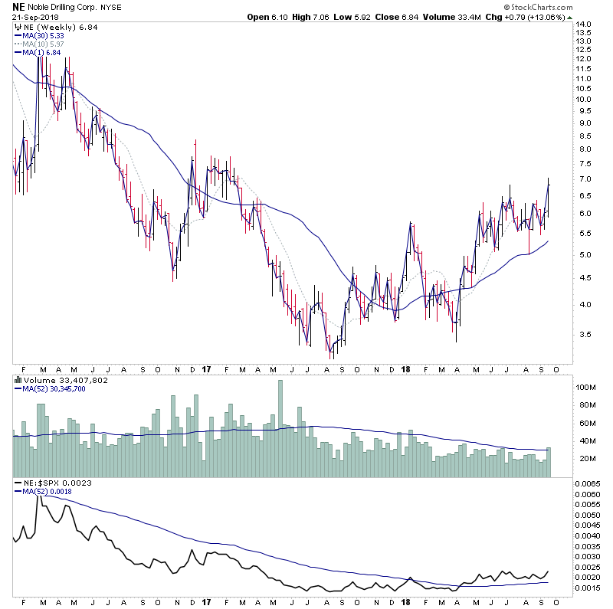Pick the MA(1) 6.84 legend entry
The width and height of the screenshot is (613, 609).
click(x=40, y=52)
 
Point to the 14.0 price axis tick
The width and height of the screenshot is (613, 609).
click(x=584, y=25)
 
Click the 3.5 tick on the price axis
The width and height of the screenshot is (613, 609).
click(x=584, y=334)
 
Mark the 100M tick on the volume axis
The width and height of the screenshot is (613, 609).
click(x=586, y=388)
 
